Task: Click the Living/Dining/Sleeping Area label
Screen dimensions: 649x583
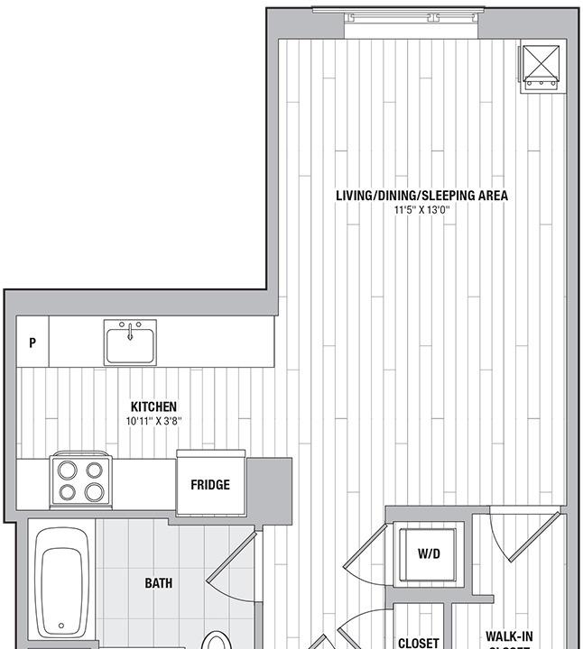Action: [x=421, y=195]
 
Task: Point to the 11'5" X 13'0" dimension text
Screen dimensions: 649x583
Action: [x=421, y=210]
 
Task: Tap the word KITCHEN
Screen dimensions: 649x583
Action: [x=153, y=407]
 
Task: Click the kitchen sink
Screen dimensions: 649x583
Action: [x=130, y=343]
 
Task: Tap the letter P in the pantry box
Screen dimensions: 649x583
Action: [x=32, y=343]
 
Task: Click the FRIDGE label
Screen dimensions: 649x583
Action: [x=210, y=485]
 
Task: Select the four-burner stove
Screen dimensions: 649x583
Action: [x=81, y=480]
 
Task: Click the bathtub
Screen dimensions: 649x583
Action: [x=61, y=581]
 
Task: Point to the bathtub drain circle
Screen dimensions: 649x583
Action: [x=61, y=625]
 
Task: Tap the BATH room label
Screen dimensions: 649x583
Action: [x=159, y=583]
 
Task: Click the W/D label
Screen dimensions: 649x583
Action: [x=429, y=553]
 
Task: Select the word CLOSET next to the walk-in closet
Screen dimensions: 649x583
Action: [x=419, y=643]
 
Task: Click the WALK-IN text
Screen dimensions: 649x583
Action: [x=508, y=635]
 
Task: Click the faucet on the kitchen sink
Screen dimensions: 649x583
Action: [x=130, y=330]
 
